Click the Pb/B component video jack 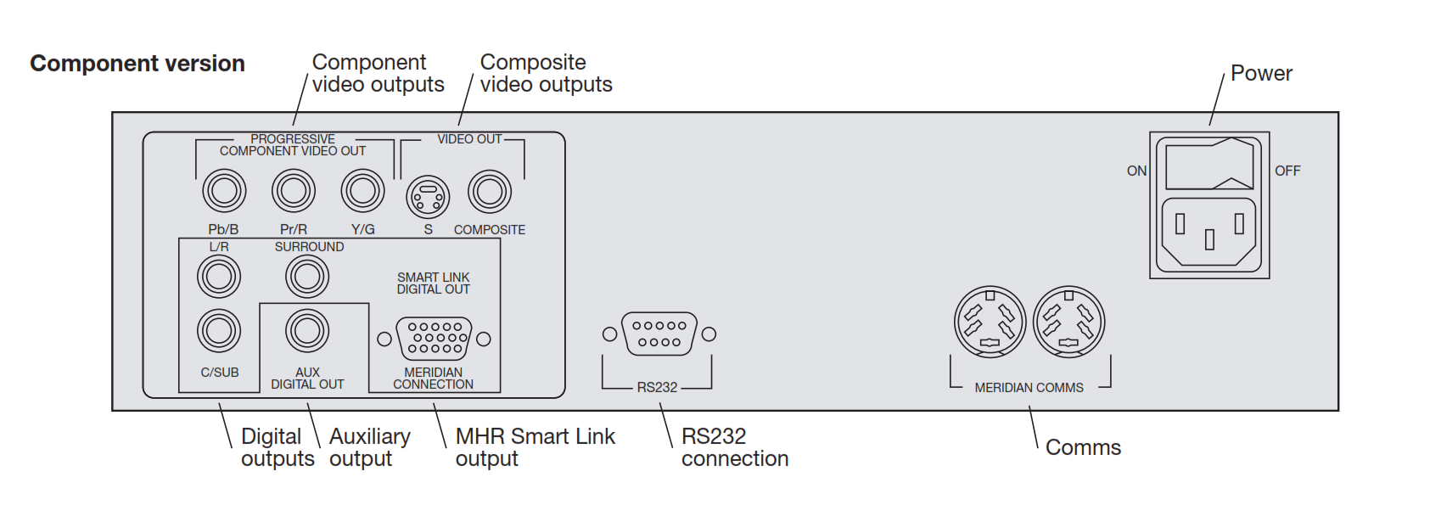click(x=224, y=191)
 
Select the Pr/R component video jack click(x=294, y=191)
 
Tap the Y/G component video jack click(x=362, y=191)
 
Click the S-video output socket click(x=429, y=197)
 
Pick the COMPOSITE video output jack click(x=490, y=192)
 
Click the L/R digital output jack click(x=219, y=277)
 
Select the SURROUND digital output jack click(x=307, y=277)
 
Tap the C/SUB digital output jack click(x=219, y=331)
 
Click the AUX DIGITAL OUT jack click(x=307, y=331)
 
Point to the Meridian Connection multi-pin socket click(x=434, y=338)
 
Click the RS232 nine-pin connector click(x=659, y=334)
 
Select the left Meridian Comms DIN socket click(x=990, y=323)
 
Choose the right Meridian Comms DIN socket click(x=1068, y=323)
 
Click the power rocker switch click(x=1209, y=166)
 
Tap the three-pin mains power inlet click(x=1209, y=233)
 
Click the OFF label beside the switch click(x=1287, y=171)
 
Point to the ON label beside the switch click(x=1136, y=171)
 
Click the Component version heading click(x=137, y=64)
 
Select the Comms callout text click(x=1083, y=447)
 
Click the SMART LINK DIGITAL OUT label click(x=433, y=283)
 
